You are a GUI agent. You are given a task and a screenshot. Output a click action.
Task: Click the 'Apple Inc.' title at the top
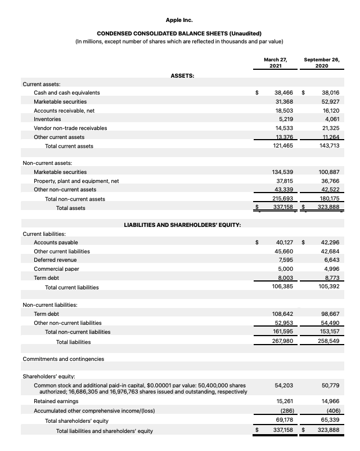[179, 20]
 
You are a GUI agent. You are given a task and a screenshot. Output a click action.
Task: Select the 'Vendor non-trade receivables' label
[70, 128]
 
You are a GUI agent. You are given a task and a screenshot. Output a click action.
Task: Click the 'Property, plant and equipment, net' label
[76, 181]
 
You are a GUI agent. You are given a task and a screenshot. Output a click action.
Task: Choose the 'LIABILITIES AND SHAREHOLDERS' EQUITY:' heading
[182, 225]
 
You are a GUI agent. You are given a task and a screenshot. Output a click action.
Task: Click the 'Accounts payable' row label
[56, 242]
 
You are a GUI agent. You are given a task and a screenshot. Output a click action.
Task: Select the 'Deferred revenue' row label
[55, 260]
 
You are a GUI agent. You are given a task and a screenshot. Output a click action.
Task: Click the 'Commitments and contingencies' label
[63, 359]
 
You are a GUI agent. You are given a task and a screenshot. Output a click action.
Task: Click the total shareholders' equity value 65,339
[330, 421]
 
